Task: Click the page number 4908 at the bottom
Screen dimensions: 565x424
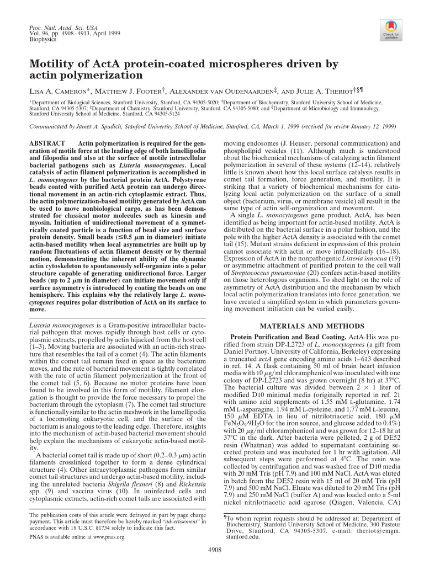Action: [x=212, y=549]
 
